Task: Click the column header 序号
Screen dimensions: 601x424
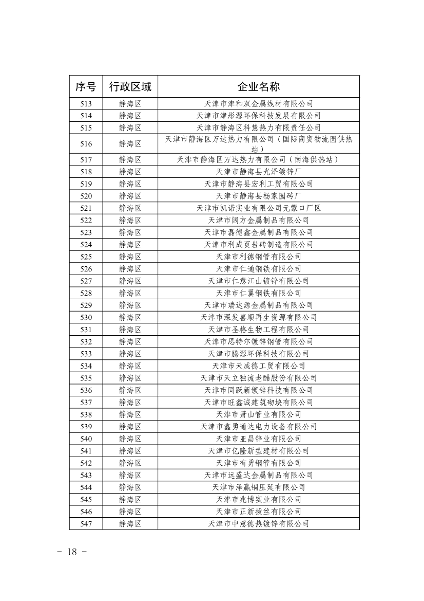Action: pyautogui.click(x=86, y=86)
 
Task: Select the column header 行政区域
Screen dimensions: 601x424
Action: pyautogui.click(x=130, y=86)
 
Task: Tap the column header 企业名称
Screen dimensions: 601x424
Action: pyautogui.click(x=258, y=86)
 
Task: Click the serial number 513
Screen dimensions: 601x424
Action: pyautogui.click(x=86, y=103)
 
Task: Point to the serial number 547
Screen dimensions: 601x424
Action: pyautogui.click(x=86, y=523)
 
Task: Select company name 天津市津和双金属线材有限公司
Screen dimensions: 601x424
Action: pyautogui.click(x=258, y=103)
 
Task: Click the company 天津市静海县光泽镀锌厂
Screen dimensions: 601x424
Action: pyautogui.click(x=258, y=172)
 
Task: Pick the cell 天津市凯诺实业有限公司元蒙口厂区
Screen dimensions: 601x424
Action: pyautogui.click(x=258, y=208)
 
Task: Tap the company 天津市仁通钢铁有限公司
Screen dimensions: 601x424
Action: pyautogui.click(x=258, y=269)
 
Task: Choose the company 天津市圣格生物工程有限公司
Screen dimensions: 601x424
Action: pyautogui.click(x=258, y=330)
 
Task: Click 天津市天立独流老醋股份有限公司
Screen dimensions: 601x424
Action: pyautogui.click(x=258, y=378)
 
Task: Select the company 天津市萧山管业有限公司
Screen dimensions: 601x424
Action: pyautogui.click(x=258, y=414)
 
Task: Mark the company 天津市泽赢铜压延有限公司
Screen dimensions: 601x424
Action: pyautogui.click(x=258, y=487)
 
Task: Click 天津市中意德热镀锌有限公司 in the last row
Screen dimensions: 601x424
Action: pyautogui.click(x=258, y=523)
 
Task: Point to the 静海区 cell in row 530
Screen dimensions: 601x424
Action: pyautogui.click(x=130, y=317)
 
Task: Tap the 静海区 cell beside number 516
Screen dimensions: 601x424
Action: pyautogui.click(x=130, y=143)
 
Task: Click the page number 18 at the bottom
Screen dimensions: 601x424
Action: pyautogui.click(x=71, y=552)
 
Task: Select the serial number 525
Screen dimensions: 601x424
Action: pyautogui.click(x=86, y=257)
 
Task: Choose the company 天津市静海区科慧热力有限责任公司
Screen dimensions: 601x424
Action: pyautogui.click(x=258, y=128)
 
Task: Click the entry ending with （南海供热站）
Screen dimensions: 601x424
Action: pyautogui.click(x=258, y=159)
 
